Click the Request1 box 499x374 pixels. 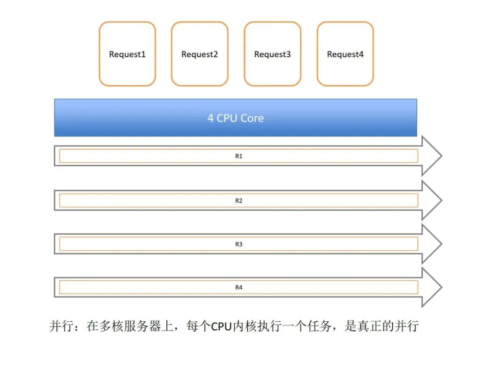127,54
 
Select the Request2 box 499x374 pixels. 200,54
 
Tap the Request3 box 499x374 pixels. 273,54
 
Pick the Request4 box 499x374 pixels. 345,54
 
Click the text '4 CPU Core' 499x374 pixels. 236,118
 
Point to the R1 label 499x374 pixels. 239,156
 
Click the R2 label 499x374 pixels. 239,201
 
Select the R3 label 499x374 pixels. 239,244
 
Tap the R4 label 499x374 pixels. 239,288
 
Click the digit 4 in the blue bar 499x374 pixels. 211,118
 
